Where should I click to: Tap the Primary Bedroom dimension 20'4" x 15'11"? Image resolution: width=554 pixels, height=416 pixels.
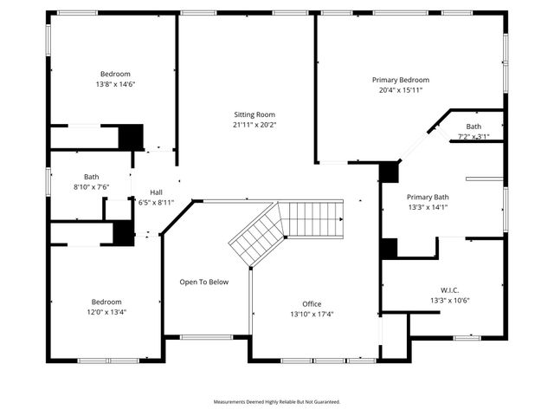point(400,90)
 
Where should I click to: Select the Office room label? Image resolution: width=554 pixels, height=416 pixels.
point(312,304)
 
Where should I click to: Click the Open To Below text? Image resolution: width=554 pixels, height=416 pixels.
point(204,282)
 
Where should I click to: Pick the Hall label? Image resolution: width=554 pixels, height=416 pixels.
point(156,192)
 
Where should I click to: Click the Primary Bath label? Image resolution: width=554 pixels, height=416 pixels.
point(428,197)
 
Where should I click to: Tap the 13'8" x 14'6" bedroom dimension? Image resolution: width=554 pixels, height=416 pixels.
point(115,84)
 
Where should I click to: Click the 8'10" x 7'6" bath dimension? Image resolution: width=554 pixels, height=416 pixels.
point(91,186)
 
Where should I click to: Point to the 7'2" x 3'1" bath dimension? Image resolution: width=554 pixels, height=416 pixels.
point(473,137)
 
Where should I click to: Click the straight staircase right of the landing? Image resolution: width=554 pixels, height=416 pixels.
point(312,218)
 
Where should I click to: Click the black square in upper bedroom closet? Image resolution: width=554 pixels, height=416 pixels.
point(130,137)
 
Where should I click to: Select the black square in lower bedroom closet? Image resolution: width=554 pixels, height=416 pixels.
point(124,232)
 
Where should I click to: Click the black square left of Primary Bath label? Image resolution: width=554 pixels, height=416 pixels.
point(389,171)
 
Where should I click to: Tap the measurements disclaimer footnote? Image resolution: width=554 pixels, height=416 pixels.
point(277,402)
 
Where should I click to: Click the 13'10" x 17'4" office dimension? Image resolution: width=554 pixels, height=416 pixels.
point(312,315)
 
